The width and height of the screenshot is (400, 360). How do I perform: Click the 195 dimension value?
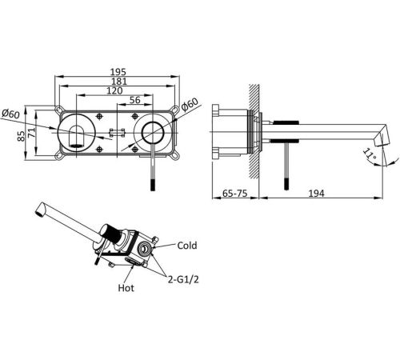(x=118, y=72)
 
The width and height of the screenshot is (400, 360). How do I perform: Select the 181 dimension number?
(x=119, y=82)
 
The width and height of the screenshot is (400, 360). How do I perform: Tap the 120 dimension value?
(x=114, y=90)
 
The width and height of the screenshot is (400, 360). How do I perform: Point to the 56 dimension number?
(x=135, y=100)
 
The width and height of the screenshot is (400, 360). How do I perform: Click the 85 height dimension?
(x=21, y=135)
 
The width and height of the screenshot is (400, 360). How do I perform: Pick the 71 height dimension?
(x=31, y=133)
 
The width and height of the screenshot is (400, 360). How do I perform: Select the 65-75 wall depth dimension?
(x=234, y=193)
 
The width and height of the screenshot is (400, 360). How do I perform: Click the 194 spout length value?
(x=316, y=193)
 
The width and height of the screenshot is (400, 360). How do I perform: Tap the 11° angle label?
(x=370, y=155)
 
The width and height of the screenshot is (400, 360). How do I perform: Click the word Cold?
(x=187, y=246)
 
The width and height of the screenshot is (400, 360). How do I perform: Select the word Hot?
(x=126, y=288)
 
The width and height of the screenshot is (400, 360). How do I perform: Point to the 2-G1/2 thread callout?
(x=183, y=279)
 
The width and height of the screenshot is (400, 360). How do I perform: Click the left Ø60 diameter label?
(x=10, y=114)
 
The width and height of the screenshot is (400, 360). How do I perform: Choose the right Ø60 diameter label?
(x=190, y=104)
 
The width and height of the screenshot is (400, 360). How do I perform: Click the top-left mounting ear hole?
(x=58, y=109)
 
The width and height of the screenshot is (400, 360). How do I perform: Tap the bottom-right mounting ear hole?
(x=174, y=155)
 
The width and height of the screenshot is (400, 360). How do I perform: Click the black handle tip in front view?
(x=153, y=185)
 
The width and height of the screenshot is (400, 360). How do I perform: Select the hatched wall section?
(x=254, y=132)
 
